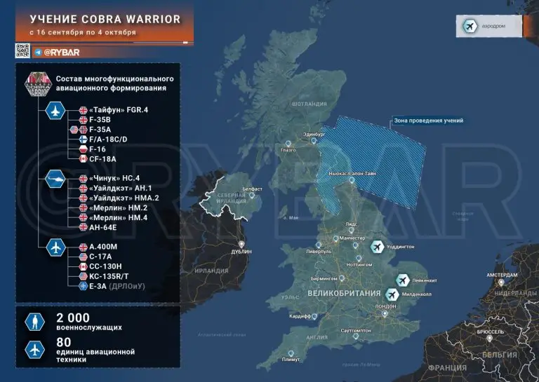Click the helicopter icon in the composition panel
(x=55, y=179)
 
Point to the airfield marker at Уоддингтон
(x=378, y=247)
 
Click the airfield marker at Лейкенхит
(x=403, y=280)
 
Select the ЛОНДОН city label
(x=386, y=307)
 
